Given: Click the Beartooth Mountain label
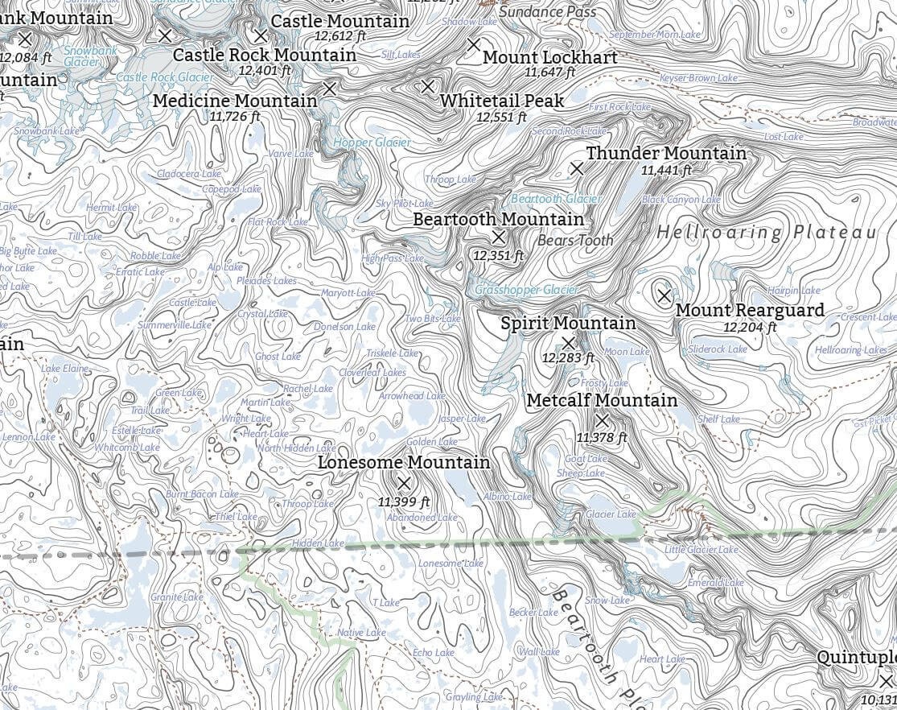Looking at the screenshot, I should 498,219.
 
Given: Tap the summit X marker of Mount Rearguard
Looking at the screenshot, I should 664,295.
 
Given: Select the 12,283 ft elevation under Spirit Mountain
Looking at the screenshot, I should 568,357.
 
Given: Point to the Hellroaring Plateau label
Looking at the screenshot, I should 766,233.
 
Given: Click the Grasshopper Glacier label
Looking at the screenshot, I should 526,290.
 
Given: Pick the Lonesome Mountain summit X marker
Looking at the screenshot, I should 405,483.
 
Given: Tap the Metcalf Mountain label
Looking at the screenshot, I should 602,400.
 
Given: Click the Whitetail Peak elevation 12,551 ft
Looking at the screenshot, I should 501,117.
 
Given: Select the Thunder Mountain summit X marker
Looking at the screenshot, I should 576,168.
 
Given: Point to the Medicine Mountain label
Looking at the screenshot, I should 235,101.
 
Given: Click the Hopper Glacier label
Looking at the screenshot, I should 372,142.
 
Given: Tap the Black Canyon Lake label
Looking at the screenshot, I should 670,200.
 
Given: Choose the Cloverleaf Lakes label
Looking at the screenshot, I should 372,373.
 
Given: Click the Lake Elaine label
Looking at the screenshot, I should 65,368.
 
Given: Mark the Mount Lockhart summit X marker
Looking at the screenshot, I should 474,44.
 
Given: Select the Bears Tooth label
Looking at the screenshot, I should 575,240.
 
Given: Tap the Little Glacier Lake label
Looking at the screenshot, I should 701,550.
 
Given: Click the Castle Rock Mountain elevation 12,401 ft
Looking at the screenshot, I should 264,71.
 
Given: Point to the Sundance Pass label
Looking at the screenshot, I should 548,12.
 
